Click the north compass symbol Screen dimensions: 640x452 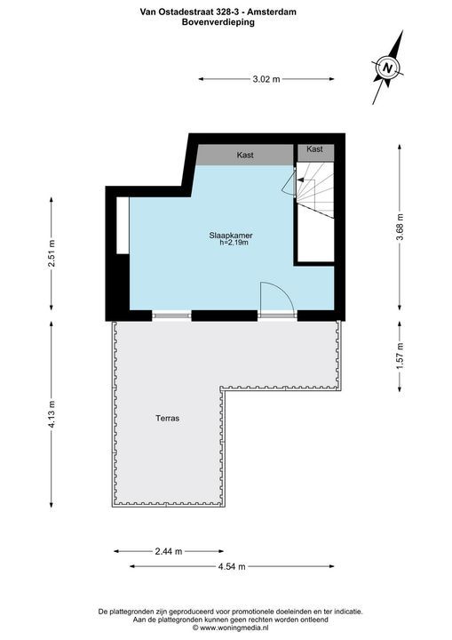[x=388, y=68]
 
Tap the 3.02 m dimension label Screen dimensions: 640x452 [x=266, y=79]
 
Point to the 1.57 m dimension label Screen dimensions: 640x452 [x=400, y=356]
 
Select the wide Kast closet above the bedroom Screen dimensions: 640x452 [x=245, y=155]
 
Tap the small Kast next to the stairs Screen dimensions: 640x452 [x=314, y=149]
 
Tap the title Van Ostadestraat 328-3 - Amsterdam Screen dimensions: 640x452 [x=226, y=12]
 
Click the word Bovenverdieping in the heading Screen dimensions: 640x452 [x=226, y=22]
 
